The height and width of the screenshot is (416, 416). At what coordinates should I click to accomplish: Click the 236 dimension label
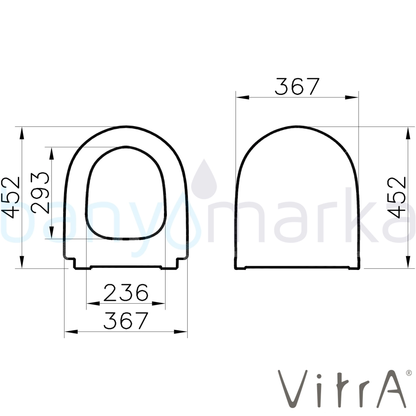(126, 292)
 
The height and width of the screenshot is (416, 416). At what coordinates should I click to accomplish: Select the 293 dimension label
(40, 193)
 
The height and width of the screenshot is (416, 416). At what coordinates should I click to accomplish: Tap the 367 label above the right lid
(297, 87)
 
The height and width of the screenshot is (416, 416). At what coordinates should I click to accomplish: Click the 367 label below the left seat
(126, 320)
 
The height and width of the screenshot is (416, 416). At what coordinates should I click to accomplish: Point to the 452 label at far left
(11, 197)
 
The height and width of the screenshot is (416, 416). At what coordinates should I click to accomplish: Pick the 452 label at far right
(396, 197)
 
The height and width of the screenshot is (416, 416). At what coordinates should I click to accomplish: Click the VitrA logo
(342, 389)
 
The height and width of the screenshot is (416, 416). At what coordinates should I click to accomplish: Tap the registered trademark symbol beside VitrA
(409, 373)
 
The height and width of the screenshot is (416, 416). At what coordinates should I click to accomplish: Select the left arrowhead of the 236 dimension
(93, 303)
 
